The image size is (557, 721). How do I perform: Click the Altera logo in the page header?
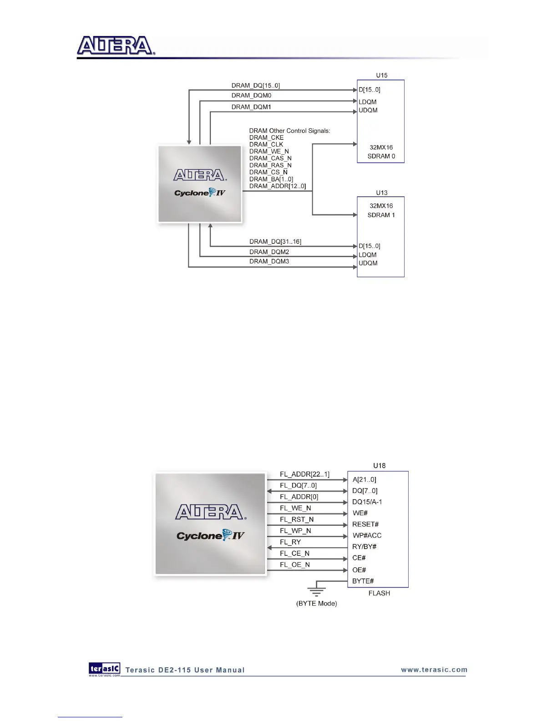tap(116, 46)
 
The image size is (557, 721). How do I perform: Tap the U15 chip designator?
tap(381, 76)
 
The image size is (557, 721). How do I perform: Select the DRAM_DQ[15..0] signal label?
tap(255, 86)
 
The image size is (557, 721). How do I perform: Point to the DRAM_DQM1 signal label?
tap(251, 107)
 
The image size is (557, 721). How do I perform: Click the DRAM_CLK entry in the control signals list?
tap(266, 144)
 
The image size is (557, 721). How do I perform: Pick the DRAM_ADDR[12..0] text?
tap(278, 186)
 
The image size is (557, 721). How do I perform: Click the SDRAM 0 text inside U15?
tap(381, 156)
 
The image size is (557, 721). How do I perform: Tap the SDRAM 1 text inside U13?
tap(381, 215)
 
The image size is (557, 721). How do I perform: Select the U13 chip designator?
tap(381, 193)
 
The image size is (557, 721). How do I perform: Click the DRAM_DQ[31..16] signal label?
tap(275, 242)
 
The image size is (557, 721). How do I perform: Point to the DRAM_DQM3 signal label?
tap(269, 261)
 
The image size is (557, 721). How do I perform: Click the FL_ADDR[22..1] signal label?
tap(304, 474)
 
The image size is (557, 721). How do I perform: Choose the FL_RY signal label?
tap(290, 542)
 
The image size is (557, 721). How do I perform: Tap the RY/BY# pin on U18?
tap(364, 547)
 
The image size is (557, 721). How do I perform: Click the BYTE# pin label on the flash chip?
tap(363, 581)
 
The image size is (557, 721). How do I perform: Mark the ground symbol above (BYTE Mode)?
tap(316, 591)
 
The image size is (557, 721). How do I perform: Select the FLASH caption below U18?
tap(379, 593)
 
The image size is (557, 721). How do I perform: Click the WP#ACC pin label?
tap(367, 536)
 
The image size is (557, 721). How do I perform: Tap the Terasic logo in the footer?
tap(105, 669)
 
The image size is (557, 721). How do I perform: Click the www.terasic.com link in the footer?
tap(434, 670)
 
